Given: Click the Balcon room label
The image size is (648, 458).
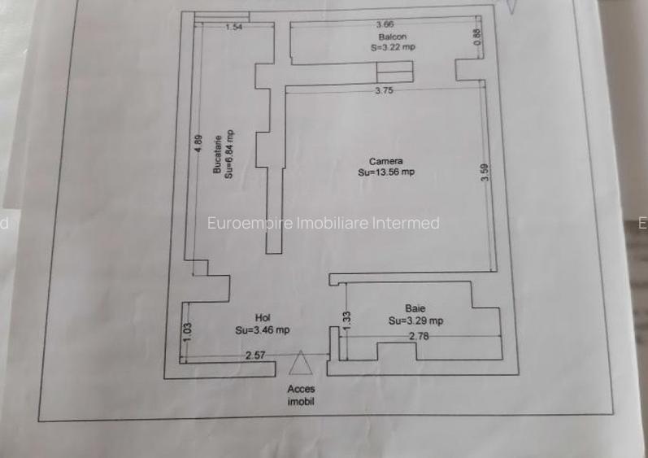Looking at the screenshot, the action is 392,37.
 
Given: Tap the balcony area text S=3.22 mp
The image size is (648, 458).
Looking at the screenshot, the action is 393,47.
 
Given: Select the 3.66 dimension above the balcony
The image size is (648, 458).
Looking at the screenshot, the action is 385,24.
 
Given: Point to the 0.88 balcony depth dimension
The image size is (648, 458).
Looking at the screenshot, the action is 477,37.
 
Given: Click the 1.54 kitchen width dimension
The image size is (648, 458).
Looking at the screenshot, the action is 234,28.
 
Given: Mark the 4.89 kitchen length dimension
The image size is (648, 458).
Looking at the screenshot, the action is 198,143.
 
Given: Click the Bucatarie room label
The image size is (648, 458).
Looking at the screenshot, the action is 217,155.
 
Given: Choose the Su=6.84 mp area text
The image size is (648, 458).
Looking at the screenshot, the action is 228,155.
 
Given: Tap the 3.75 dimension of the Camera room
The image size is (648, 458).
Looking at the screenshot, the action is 384,90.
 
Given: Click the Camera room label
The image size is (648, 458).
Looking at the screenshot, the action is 386,161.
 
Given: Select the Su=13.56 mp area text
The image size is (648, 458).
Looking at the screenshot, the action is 386,172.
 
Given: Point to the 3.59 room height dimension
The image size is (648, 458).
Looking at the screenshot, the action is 485,172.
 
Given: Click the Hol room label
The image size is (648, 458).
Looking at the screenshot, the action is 263,318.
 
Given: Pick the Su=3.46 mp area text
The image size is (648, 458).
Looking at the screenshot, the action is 263,329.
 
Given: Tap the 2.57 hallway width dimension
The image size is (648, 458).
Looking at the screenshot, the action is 255,355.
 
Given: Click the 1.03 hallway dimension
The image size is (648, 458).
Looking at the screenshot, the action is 187,333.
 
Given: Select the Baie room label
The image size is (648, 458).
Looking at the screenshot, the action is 415,308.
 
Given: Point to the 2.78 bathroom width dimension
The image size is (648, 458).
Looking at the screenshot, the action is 419,337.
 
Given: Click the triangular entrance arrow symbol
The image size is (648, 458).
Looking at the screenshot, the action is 301,363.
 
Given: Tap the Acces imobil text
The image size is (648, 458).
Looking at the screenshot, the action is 301,395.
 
